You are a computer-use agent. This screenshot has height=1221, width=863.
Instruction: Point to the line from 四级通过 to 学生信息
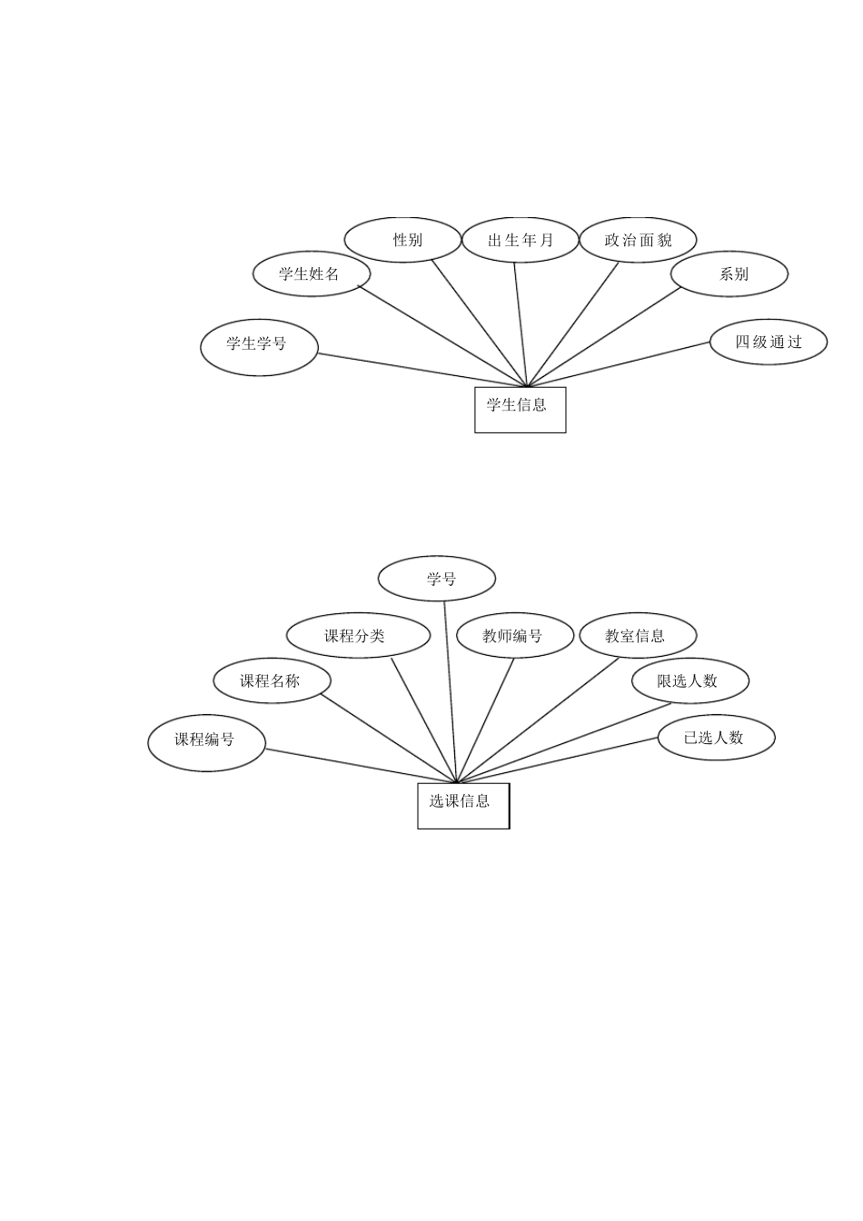point(620,364)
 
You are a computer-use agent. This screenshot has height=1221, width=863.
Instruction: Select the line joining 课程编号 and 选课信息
point(362,766)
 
